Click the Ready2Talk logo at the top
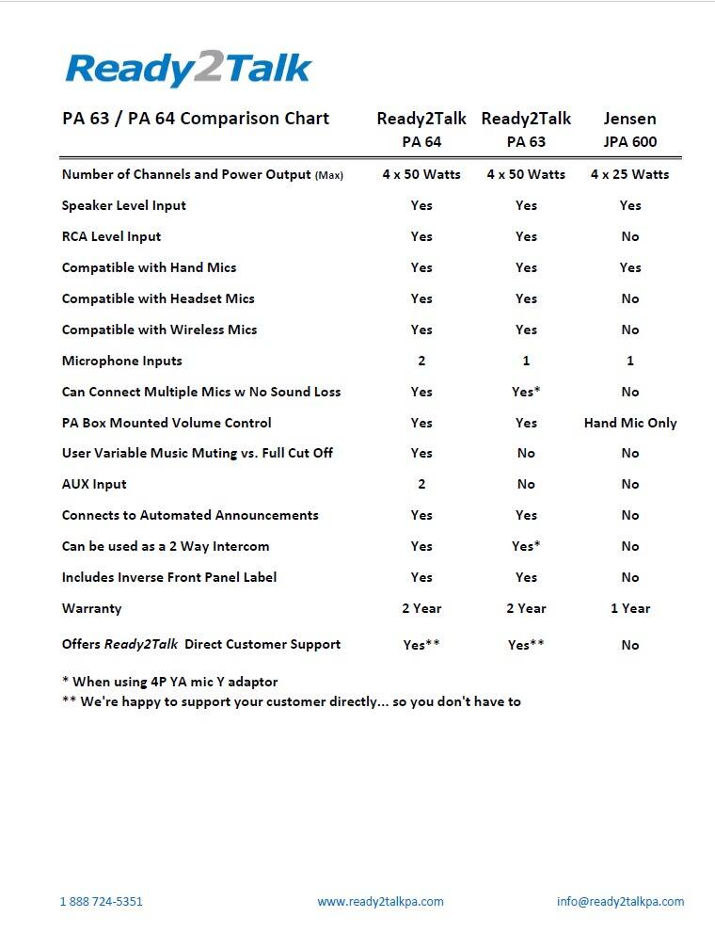[x=188, y=69]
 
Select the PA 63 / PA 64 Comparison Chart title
[x=196, y=119]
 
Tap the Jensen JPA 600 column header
[x=630, y=130]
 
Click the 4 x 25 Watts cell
[x=630, y=174]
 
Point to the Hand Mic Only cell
[x=630, y=423]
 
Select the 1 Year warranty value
[x=630, y=608]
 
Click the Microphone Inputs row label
[x=122, y=361]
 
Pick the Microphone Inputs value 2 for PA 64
[x=421, y=361]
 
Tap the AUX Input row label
[x=94, y=484]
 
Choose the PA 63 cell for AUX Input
[x=526, y=484]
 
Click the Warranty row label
[x=92, y=608]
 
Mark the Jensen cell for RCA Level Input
[x=630, y=236]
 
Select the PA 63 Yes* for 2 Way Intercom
[x=527, y=546]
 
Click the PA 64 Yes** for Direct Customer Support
[x=421, y=645]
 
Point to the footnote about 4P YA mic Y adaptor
[x=169, y=682]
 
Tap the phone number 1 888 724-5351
[x=102, y=901]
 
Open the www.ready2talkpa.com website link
[x=380, y=901]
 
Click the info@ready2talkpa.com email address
[x=620, y=901]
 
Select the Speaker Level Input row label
[x=124, y=205]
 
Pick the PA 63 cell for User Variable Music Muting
[x=526, y=453]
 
